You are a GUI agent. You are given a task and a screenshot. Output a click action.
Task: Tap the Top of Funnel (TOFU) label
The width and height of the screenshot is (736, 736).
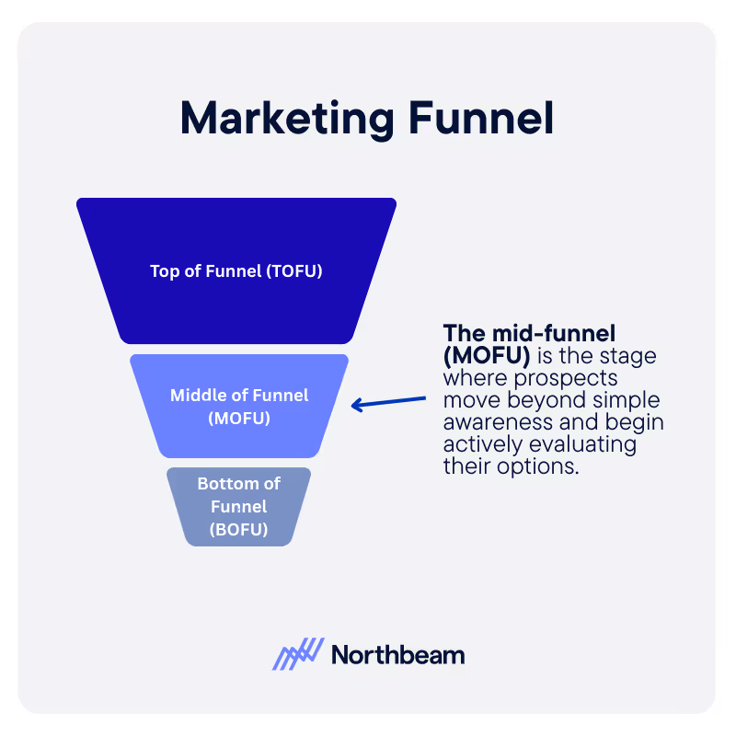[236, 271]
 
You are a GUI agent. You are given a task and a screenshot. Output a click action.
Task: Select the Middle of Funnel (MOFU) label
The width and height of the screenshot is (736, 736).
[239, 407]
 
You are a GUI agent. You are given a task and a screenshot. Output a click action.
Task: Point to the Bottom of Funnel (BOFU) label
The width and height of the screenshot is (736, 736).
[239, 506]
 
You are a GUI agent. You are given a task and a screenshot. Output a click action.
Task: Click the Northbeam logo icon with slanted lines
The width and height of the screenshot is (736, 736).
[298, 654]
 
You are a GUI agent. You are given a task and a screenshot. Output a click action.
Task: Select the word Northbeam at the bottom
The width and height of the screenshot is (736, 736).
[397, 655]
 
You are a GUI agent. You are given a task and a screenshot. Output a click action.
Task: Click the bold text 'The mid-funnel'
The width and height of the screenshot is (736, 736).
[529, 333]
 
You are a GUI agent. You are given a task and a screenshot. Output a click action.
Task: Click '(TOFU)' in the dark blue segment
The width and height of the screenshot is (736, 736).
[295, 271]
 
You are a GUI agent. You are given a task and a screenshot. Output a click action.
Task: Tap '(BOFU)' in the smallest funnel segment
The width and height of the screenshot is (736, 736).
[239, 529]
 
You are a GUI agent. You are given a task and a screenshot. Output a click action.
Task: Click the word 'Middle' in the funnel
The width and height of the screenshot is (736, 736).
[199, 396]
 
